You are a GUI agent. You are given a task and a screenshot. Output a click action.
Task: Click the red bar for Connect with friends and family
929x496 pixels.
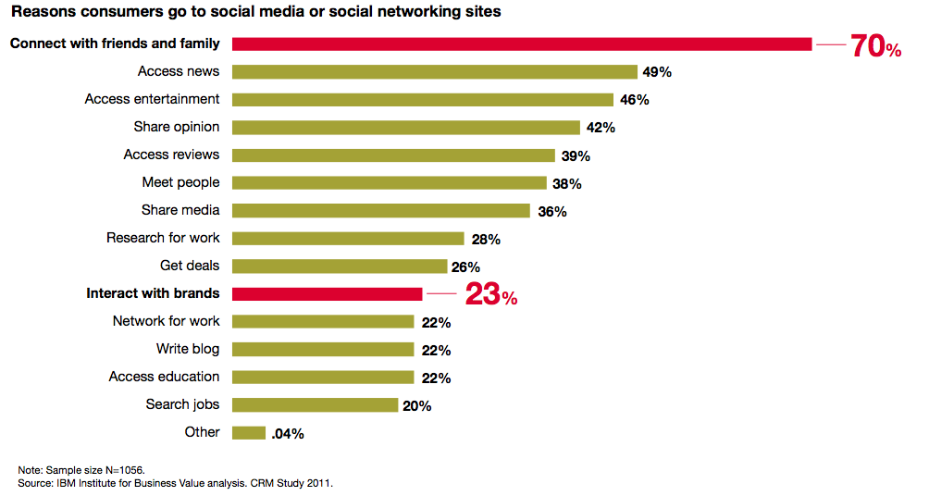[522, 43]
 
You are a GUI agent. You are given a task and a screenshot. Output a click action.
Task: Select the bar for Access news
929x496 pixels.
[435, 71]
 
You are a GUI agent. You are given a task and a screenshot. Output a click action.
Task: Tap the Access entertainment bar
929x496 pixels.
[423, 99]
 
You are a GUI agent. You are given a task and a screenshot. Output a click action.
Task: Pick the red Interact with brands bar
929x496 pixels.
[327, 293]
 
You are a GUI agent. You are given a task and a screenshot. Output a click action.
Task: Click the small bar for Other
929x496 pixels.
[249, 432]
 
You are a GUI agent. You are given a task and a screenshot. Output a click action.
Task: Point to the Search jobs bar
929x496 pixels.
[315, 404]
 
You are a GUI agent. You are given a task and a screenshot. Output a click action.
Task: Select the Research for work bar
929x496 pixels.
[348, 238]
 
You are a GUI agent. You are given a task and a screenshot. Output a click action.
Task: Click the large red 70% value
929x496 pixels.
[875, 46]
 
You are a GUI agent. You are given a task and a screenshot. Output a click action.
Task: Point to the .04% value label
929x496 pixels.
[288, 433]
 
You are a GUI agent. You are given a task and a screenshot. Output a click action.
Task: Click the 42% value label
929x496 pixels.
[600, 128]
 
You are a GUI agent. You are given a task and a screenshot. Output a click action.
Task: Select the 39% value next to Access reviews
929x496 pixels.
[575, 155]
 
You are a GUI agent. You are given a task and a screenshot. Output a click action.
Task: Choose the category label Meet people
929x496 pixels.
[180, 182]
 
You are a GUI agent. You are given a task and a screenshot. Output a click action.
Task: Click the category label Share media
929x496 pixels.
[180, 210]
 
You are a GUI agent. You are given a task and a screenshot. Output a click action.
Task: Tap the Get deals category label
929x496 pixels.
[190, 266]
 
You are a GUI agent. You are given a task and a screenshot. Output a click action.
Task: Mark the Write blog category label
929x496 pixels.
[188, 349]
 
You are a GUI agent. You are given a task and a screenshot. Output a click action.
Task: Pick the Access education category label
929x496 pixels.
[164, 377]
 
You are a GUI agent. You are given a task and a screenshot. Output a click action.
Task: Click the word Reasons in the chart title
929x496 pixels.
[41, 13]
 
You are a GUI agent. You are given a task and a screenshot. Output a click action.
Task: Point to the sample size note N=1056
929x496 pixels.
[81, 470]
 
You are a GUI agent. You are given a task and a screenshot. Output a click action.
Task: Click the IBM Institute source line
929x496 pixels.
[175, 483]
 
